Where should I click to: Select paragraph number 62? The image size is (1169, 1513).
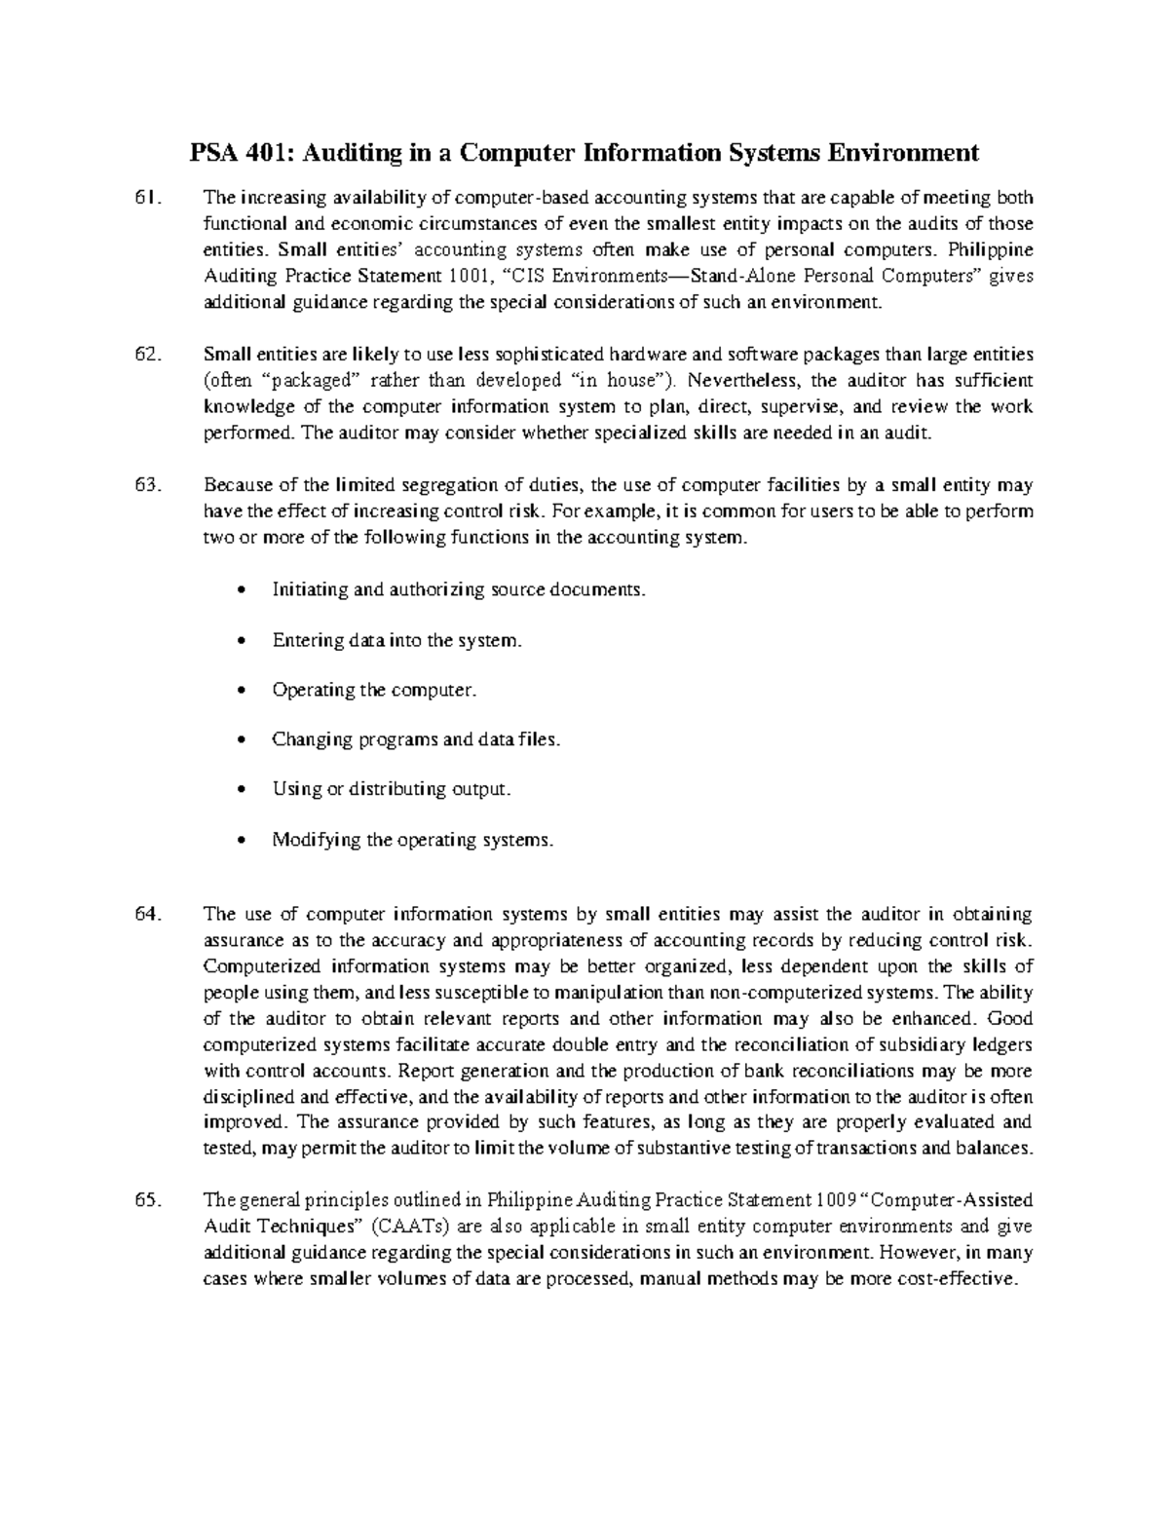point(146,354)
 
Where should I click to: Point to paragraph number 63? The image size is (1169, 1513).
point(146,485)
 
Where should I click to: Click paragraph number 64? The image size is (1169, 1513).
point(146,915)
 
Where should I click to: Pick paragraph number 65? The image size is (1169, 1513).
point(146,1200)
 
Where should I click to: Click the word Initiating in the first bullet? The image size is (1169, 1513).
point(306,590)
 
